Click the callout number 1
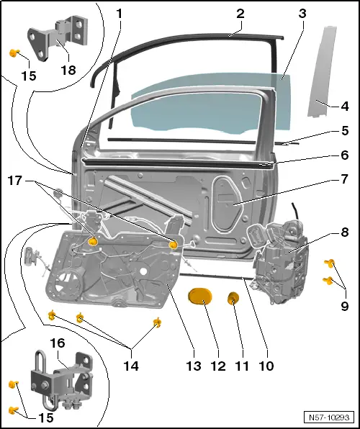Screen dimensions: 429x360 [x=120, y=13]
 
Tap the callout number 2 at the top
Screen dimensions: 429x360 [x=240, y=13]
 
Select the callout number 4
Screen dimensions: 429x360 [x=344, y=106]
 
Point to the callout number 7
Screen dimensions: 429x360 [x=344, y=178]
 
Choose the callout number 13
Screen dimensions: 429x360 [x=191, y=366]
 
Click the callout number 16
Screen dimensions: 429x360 [x=56, y=343]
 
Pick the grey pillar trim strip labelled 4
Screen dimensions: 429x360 [x=320, y=72]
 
